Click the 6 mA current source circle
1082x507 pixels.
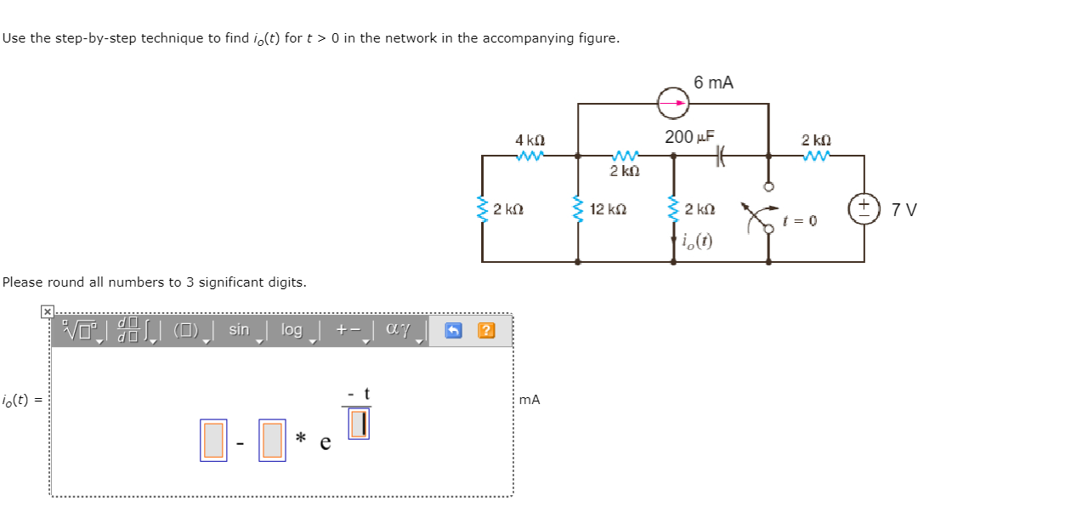(673, 104)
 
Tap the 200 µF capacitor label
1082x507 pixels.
(689, 136)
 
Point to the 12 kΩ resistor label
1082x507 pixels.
(609, 209)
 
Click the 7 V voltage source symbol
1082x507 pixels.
(864, 208)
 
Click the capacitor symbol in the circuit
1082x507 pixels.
(722, 156)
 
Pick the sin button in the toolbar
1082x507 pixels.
(239, 330)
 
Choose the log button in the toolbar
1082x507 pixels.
(292, 330)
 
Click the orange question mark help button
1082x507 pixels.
(486, 330)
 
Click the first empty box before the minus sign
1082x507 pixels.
(213, 441)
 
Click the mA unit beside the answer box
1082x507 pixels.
(529, 400)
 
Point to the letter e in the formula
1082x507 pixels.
(325, 442)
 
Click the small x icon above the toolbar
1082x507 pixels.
(48, 312)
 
